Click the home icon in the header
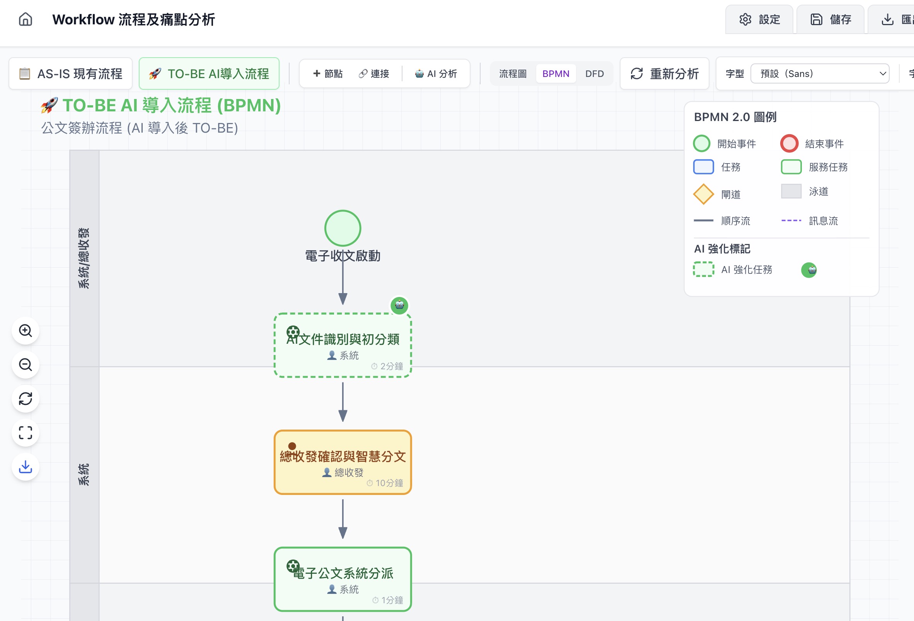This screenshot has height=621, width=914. pyautogui.click(x=26, y=19)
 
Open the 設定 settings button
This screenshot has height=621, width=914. pyautogui.click(x=759, y=19)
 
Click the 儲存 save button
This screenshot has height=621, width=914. pyautogui.click(x=830, y=19)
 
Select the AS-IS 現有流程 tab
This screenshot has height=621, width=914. pyautogui.click(x=71, y=73)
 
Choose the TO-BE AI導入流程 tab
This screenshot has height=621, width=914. pyautogui.click(x=209, y=73)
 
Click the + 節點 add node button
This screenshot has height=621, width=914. pyautogui.click(x=327, y=73)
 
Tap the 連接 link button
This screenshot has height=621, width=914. pyautogui.click(x=374, y=73)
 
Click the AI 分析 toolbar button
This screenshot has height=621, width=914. pyautogui.click(x=436, y=73)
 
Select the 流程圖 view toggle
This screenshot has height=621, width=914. pyautogui.click(x=512, y=73)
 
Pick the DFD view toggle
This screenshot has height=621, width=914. pyautogui.click(x=594, y=73)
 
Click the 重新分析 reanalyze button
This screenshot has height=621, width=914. pyautogui.click(x=665, y=73)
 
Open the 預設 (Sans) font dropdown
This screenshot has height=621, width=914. pyautogui.click(x=820, y=73)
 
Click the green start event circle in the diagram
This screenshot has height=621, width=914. pyautogui.click(x=343, y=228)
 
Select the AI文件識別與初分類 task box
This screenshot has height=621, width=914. pyautogui.click(x=343, y=345)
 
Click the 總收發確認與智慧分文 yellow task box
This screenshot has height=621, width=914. pyautogui.click(x=343, y=462)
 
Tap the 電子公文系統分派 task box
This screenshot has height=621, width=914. pyautogui.click(x=343, y=579)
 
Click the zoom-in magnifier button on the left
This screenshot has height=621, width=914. pyautogui.click(x=26, y=331)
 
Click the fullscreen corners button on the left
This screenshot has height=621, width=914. pyautogui.click(x=26, y=433)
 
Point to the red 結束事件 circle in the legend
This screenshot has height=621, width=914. pyautogui.click(x=789, y=143)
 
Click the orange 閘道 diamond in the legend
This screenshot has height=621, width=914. pyautogui.click(x=703, y=194)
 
